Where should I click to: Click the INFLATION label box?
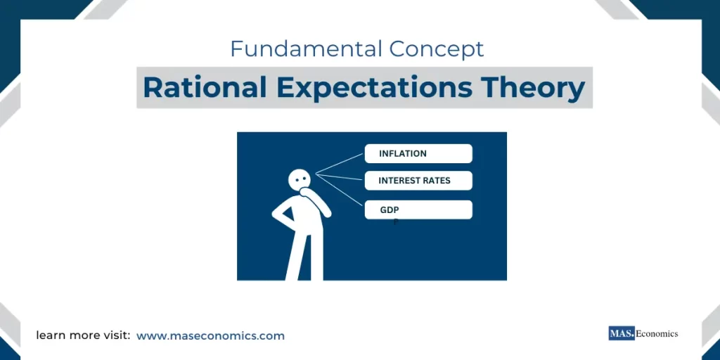coord(418,153)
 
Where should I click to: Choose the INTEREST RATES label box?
coord(418,181)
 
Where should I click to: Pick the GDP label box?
coord(418,210)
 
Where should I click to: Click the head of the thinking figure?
coord(300,179)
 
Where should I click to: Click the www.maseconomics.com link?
coord(210,336)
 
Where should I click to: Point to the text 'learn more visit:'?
coord(83,336)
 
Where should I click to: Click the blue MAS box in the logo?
coord(621,334)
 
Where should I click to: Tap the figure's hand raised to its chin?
coord(305,191)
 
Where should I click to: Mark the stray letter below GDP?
coord(396,221)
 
